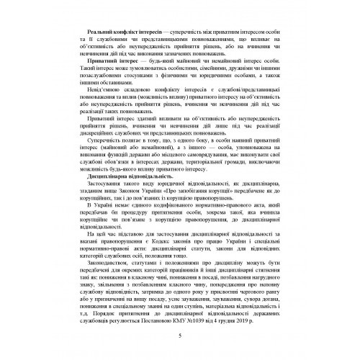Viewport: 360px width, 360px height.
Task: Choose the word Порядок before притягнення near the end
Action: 92,312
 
